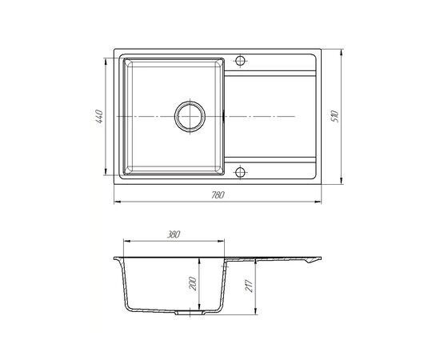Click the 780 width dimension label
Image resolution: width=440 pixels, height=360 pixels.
[218, 194]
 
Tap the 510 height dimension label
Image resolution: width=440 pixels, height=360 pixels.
[335, 117]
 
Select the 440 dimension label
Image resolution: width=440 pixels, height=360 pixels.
[100, 117]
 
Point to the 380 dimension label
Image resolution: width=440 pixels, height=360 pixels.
[173, 234]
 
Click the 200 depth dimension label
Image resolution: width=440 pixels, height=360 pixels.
[193, 283]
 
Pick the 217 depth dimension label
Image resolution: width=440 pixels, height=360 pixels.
[250, 286]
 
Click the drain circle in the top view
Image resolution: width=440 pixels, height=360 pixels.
[190, 116]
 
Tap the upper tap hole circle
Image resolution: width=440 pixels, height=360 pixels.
[240, 60]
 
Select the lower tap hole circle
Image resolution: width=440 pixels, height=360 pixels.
[240, 172]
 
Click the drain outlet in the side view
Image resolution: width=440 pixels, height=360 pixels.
[190, 312]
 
